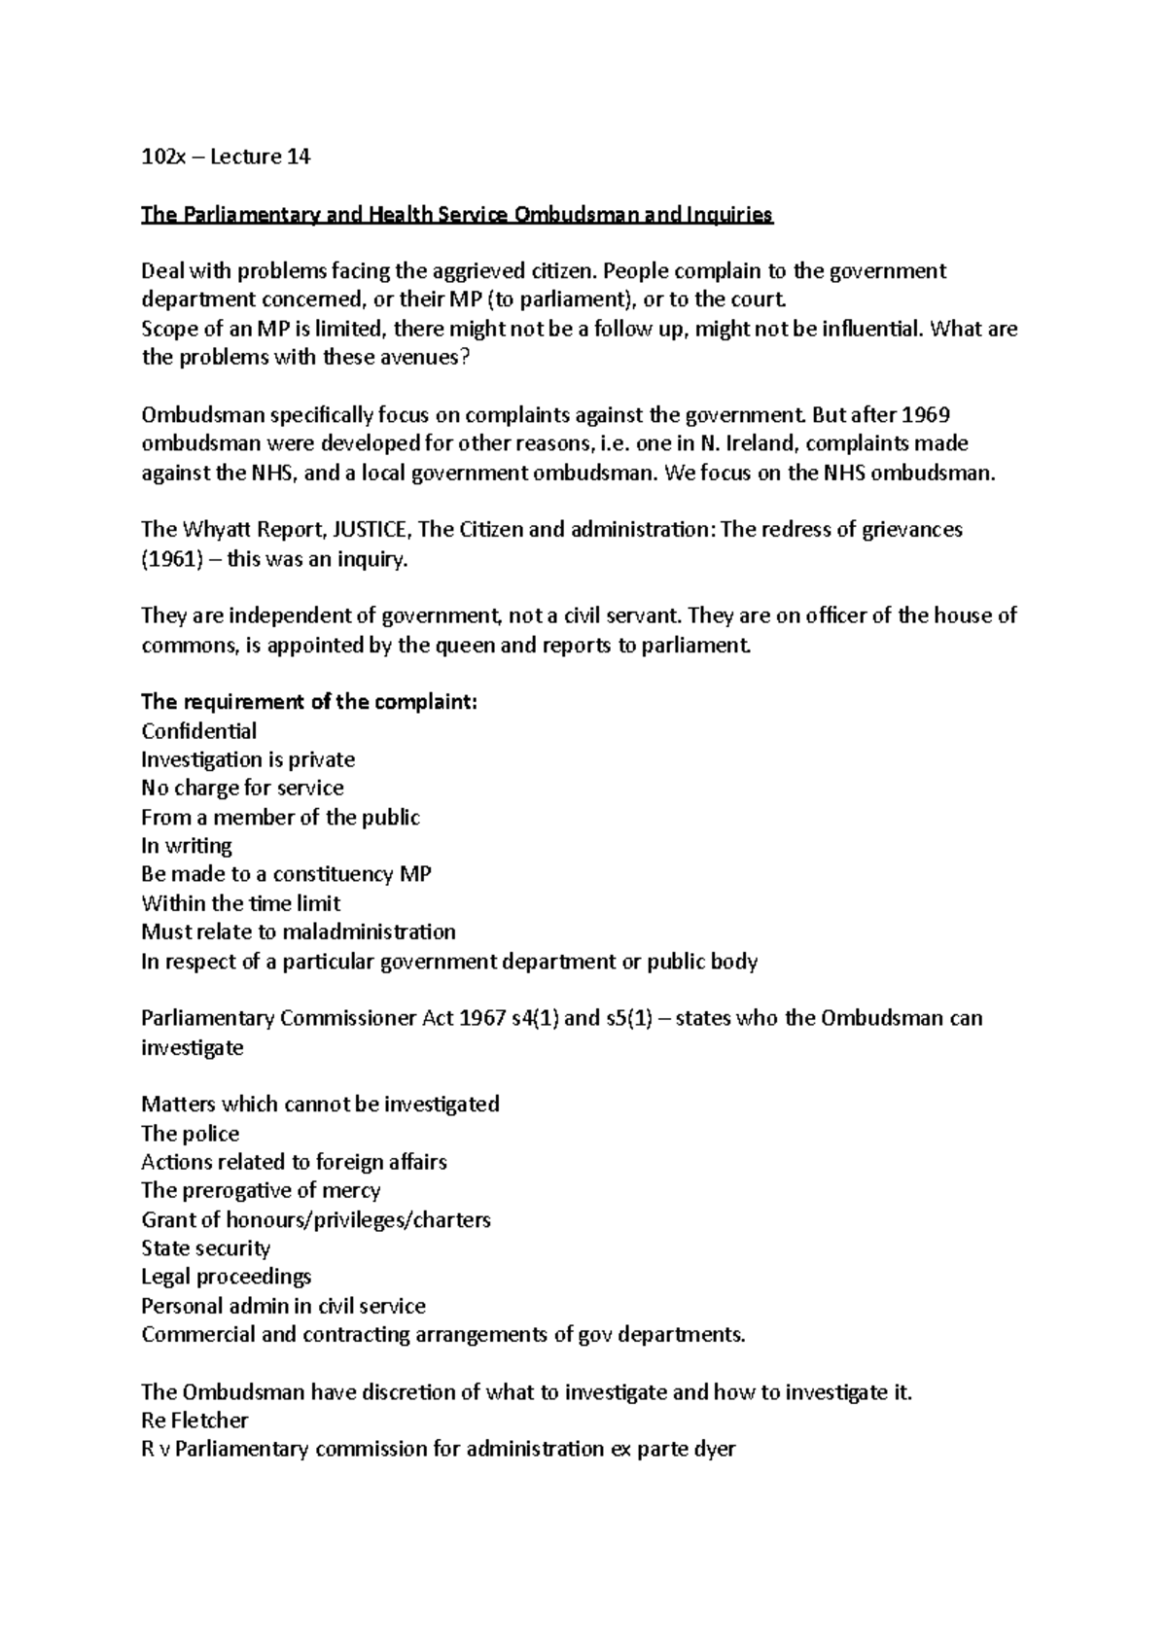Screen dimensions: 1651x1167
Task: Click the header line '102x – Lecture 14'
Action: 226,157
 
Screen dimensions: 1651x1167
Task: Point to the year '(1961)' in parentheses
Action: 168,559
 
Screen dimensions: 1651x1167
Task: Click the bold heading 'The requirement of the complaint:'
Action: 309,702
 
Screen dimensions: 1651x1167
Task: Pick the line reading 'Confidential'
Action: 199,731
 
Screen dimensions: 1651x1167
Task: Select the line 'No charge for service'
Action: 242,788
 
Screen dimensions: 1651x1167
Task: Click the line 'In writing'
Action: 187,846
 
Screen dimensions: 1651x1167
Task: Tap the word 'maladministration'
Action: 369,931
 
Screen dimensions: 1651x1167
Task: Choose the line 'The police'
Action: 190,1134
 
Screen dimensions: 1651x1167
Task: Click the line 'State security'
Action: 205,1248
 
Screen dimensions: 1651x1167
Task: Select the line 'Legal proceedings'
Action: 226,1277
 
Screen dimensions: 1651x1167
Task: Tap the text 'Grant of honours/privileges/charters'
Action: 316,1219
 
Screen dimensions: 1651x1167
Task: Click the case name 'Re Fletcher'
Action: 194,1421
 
